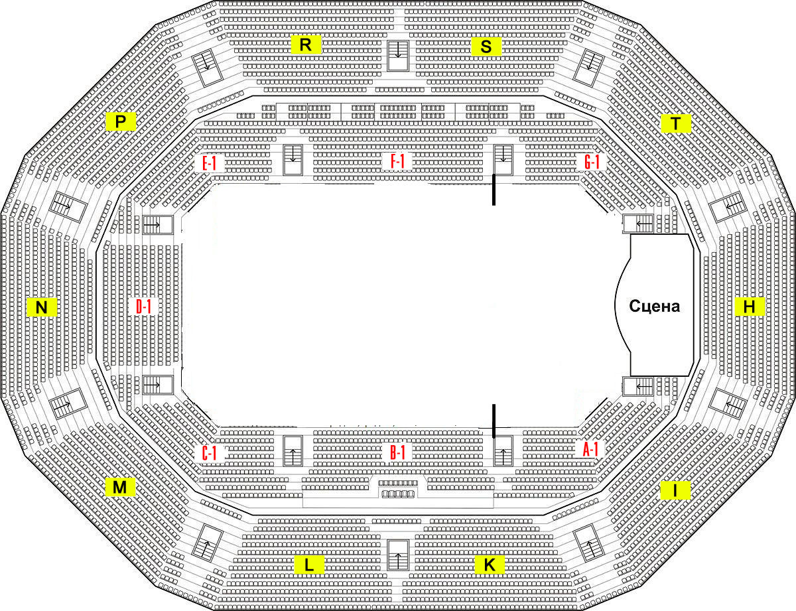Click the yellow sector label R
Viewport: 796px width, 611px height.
tap(306, 44)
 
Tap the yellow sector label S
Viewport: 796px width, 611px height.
tap(486, 46)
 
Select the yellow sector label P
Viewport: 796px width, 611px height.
tap(121, 121)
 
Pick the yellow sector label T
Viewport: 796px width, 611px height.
tap(676, 123)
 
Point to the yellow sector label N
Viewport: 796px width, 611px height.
tap(42, 307)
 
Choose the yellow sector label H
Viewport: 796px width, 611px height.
tap(750, 306)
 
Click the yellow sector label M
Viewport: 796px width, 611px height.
tap(120, 487)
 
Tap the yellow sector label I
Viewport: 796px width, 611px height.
tap(675, 490)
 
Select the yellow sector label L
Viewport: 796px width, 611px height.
tap(309, 565)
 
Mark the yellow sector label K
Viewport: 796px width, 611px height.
tap(490, 565)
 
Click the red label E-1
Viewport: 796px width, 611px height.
tap(210, 163)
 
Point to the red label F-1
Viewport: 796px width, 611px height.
tap(397, 161)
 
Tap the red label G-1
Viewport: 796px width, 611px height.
tap(592, 162)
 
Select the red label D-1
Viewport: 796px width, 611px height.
tap(144, 306)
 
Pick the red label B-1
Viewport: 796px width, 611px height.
tap(398, 453)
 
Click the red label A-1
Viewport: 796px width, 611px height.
tap(590, 449)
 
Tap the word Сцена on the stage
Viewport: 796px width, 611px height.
tap(655, 306)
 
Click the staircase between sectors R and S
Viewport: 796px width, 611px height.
tap(398, 56)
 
